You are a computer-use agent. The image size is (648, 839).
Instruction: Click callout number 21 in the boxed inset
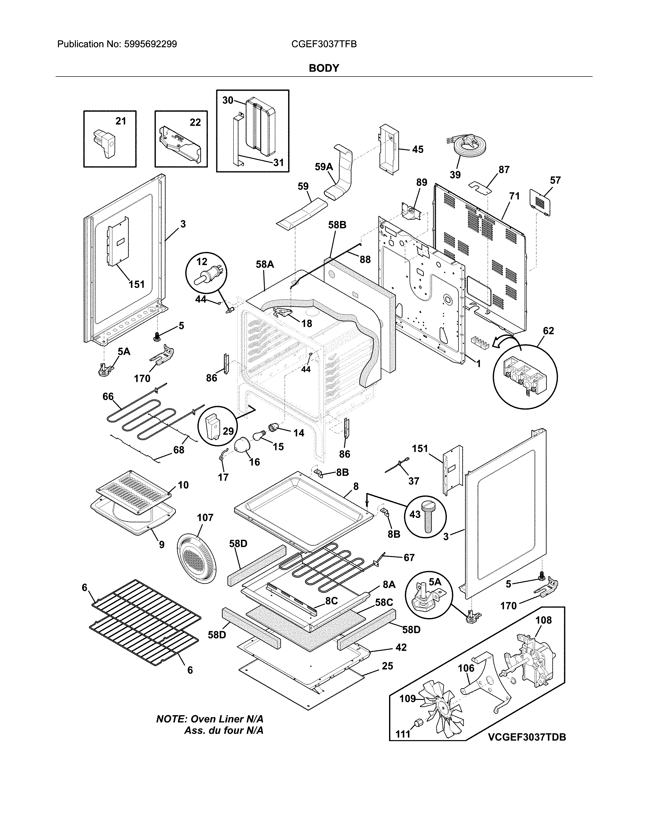(x=120, y=121)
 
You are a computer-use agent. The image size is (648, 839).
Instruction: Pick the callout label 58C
(x=384, y=602)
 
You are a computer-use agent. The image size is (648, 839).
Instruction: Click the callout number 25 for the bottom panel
(x=387, y=666)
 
